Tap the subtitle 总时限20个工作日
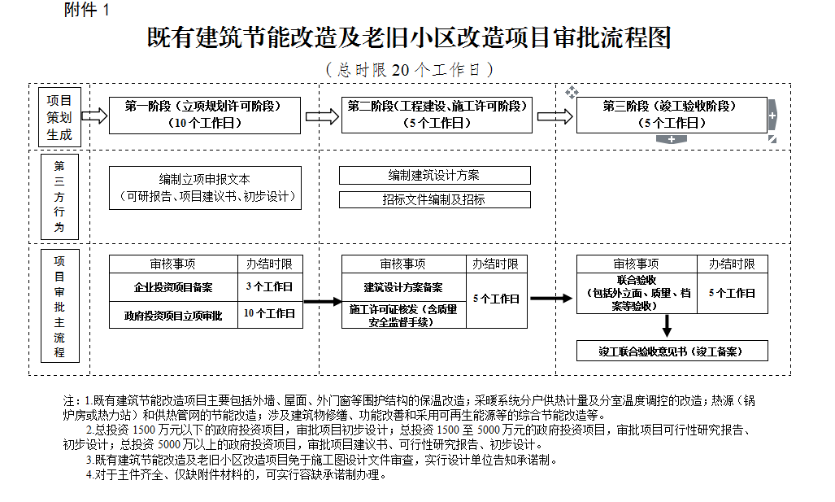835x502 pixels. click(x=409, y=70)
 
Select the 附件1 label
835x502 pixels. click(x=85, y=11)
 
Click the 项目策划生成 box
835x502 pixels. click(x=59, y=116)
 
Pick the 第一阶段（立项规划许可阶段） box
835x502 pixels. click(x=205, y=115)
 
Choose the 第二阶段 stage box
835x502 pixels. click(x=437, y=115)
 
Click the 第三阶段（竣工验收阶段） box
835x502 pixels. click(x=671, y=115)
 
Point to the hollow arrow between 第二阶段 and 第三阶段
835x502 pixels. click(x=554, y=116)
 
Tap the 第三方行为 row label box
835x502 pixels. click(x=59, y=196)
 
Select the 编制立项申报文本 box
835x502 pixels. click(x=205, y=187)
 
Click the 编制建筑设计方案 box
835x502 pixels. click(x=434, y=175)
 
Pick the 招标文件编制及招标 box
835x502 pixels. click(x=434, y=199)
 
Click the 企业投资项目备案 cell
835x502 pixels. click(x=173, y=287)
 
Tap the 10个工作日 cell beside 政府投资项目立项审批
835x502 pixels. click(x=269, y=313)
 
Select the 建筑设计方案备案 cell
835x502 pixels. click(x=403, y=287)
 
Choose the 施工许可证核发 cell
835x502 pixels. click(x=403, y=315)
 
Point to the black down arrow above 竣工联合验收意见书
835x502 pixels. click(x=668, y=325)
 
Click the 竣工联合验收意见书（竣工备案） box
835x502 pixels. click(x=672, y=351)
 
